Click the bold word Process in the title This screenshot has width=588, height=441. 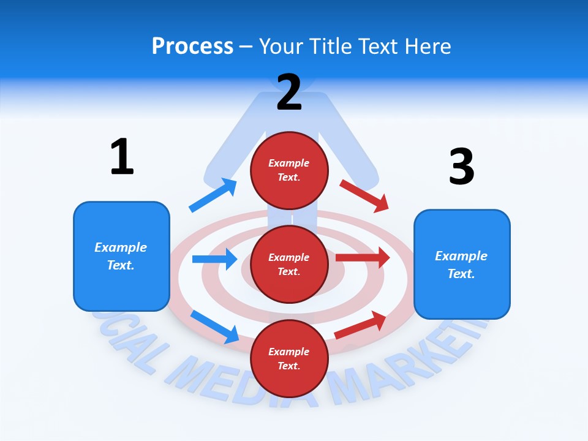point(192,46)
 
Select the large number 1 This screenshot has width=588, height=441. point(122,157)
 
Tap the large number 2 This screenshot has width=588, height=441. point(289,92)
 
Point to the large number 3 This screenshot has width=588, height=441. point(461,167)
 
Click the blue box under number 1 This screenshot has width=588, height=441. point(121,256)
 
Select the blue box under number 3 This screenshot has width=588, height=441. point(462,265)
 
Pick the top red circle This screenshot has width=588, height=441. point(289,170)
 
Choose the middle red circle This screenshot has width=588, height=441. point(289,264)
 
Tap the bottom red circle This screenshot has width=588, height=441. point(289,358)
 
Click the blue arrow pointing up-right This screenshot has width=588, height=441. point(213,195)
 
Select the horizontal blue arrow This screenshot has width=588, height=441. point(214,259)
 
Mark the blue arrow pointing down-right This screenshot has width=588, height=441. point(214,326)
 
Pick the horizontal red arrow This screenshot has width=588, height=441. point(363,257)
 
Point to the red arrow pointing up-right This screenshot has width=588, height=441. point(361,325)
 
